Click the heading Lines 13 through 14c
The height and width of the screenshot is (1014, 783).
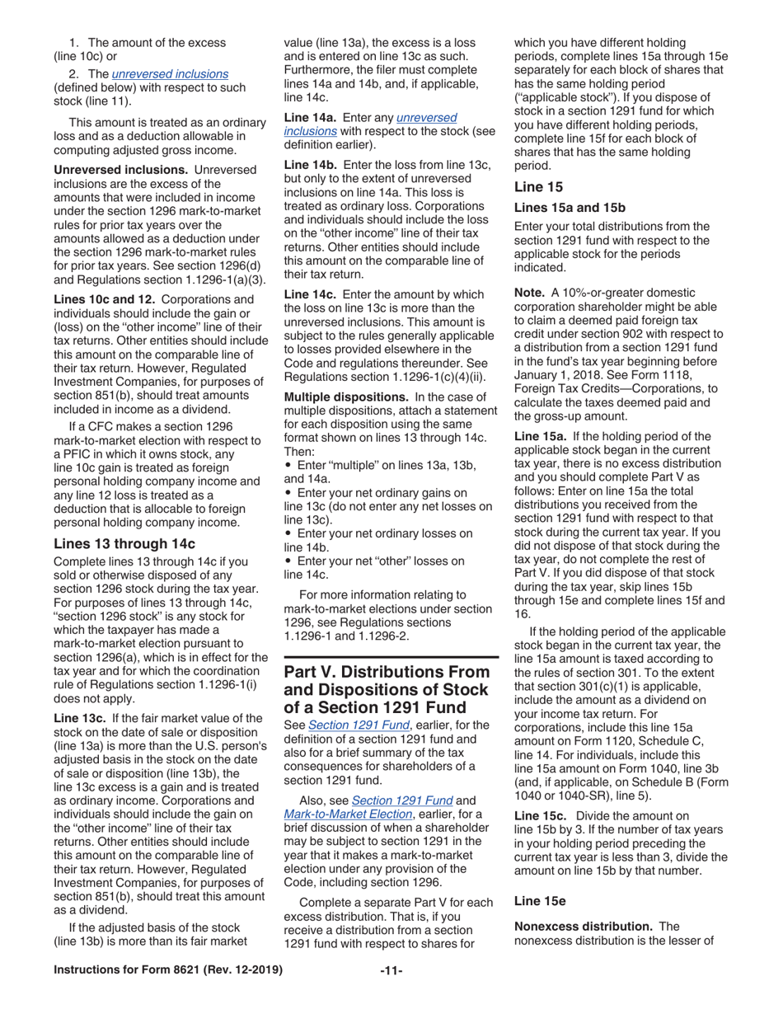(x=124, y=543)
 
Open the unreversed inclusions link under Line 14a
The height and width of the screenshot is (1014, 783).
(x=369, y=124)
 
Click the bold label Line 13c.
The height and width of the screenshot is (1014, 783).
(x=80, y=718)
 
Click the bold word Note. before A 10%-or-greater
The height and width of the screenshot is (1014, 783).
(x=529, y=293)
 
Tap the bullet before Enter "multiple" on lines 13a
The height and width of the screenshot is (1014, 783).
(x=288, y=466)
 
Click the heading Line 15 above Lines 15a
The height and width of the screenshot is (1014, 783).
(x=538, y=187)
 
